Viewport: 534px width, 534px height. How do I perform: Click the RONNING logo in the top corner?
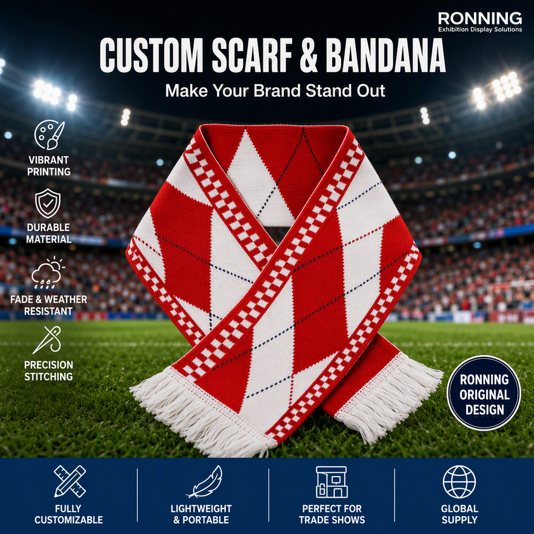(480, 22)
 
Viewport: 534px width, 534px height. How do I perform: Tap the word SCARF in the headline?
(252, 55)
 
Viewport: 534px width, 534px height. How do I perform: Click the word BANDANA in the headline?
(385, 55)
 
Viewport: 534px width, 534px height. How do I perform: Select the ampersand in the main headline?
(309, 55)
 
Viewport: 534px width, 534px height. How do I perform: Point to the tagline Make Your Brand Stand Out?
(275, 91)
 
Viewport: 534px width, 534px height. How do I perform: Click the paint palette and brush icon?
(49, 135)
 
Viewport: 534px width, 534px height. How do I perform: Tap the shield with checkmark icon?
(48, 204)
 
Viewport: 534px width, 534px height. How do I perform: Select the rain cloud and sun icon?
(48, 273)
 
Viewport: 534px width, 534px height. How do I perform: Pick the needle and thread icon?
(47, 339)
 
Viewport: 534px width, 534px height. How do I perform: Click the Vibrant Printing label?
(49, 166)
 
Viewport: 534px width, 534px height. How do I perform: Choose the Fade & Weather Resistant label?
(48, 305)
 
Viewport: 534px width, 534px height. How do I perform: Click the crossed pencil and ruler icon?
(70, 481)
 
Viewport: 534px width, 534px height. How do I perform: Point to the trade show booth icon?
(332, 482)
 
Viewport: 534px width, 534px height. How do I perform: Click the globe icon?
(459, 482)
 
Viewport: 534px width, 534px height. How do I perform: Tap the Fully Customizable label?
(68, 514)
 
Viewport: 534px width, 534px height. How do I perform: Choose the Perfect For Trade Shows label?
(332, 514)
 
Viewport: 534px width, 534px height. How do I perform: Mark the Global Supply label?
(459, 514)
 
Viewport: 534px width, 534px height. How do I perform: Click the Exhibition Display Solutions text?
(480, 29)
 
